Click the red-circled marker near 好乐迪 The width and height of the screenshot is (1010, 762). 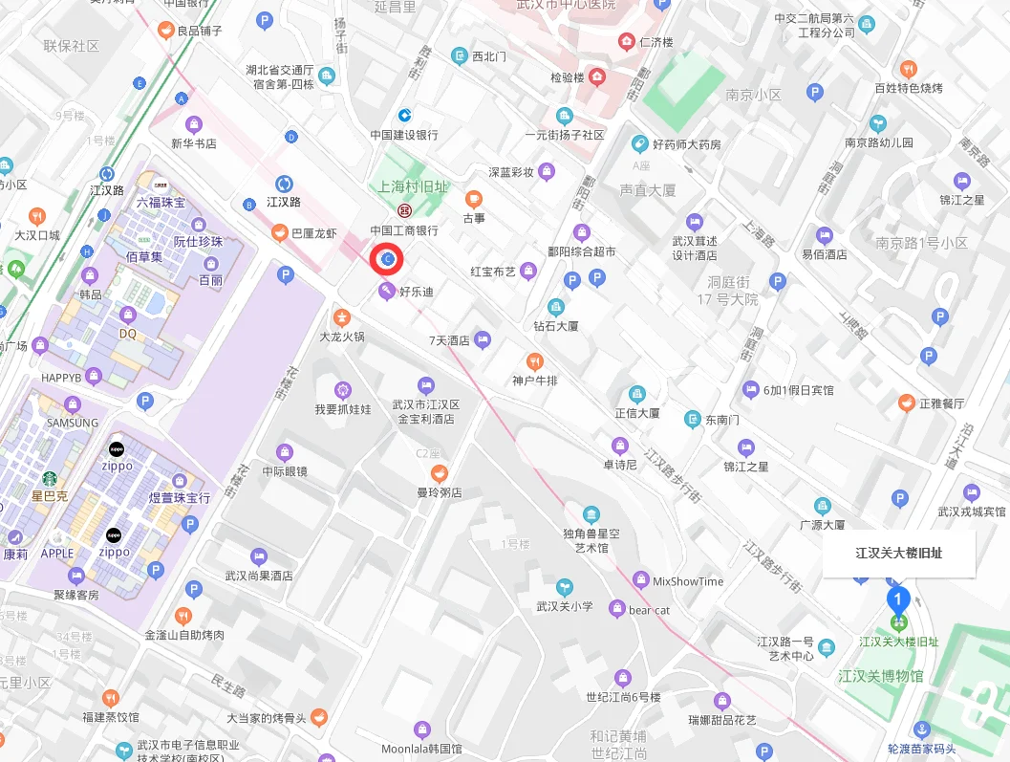click(388, 259)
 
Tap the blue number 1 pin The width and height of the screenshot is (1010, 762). click(897, 599)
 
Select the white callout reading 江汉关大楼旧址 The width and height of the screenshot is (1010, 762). click(899, 553)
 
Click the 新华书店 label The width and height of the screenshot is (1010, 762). click(194, 143)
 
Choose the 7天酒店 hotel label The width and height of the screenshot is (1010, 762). click(449, 340)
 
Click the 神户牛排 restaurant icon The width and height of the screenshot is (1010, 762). click(534, 361)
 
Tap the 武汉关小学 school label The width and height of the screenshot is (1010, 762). click(565, 606)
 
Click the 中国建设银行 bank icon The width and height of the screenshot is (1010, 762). click(405, 116)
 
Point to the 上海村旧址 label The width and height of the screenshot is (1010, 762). click(414, 187)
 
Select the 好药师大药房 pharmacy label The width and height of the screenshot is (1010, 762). click(686, 144)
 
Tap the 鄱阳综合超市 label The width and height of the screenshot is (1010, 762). click(581, 251)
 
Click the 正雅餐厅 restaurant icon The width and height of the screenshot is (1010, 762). click(906, 403)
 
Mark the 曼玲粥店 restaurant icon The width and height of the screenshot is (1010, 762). click(439, 473)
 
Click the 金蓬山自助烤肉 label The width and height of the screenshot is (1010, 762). click(184, 635)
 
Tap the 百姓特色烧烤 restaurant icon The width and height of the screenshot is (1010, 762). click(909, 69)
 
